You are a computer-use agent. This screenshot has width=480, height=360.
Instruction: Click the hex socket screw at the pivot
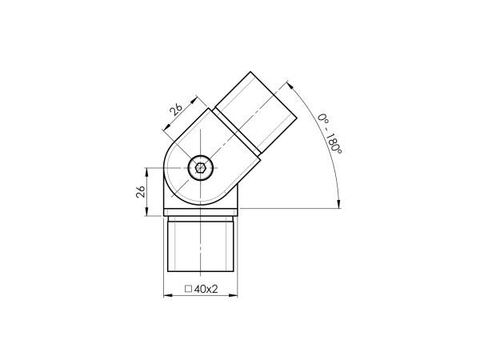click(x=199, y=169)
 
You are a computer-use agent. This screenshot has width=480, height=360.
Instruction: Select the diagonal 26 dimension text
click(x=176, y=109)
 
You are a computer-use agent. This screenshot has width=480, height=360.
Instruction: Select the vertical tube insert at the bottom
click(x=201, y=248)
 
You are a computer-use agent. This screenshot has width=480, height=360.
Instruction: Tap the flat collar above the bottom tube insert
click(x=201, y=212)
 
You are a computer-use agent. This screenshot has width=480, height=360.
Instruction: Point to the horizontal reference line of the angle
click(x=288, y=208)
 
